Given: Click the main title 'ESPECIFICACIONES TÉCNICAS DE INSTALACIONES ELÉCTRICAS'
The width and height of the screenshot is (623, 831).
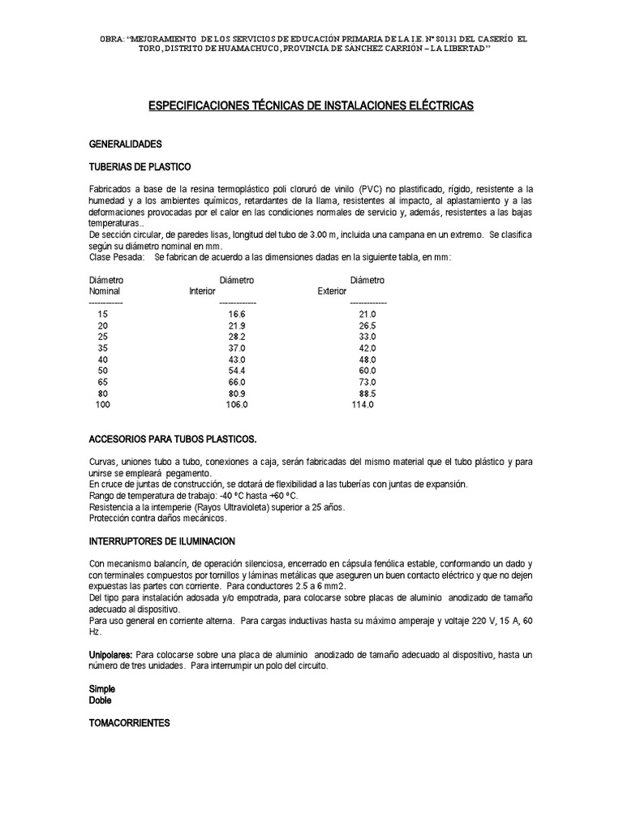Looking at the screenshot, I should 311,105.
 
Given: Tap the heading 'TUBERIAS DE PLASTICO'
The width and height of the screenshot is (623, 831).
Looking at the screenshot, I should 140,166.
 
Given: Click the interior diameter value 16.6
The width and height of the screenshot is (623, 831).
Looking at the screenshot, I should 237,313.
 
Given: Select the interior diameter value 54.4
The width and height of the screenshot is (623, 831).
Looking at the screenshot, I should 237,370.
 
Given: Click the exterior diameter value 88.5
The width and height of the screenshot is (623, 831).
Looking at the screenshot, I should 367,393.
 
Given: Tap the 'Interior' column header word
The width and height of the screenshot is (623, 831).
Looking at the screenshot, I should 202,291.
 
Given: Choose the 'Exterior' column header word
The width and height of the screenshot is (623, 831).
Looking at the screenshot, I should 332,291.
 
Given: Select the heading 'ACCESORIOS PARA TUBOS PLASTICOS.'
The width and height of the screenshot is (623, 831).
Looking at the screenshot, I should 172,439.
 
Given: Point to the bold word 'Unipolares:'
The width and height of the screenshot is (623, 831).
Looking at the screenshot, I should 110,654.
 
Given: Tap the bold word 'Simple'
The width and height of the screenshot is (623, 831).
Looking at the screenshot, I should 102,688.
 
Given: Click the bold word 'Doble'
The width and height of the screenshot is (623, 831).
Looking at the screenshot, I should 101,699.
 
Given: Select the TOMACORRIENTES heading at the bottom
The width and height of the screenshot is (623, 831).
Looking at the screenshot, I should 129,722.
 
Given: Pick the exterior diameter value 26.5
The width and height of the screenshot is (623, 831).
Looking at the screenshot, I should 367,325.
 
